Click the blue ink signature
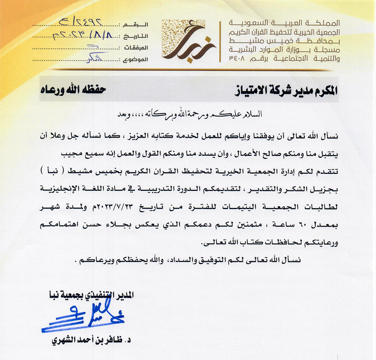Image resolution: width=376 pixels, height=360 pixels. click(80, 316)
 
